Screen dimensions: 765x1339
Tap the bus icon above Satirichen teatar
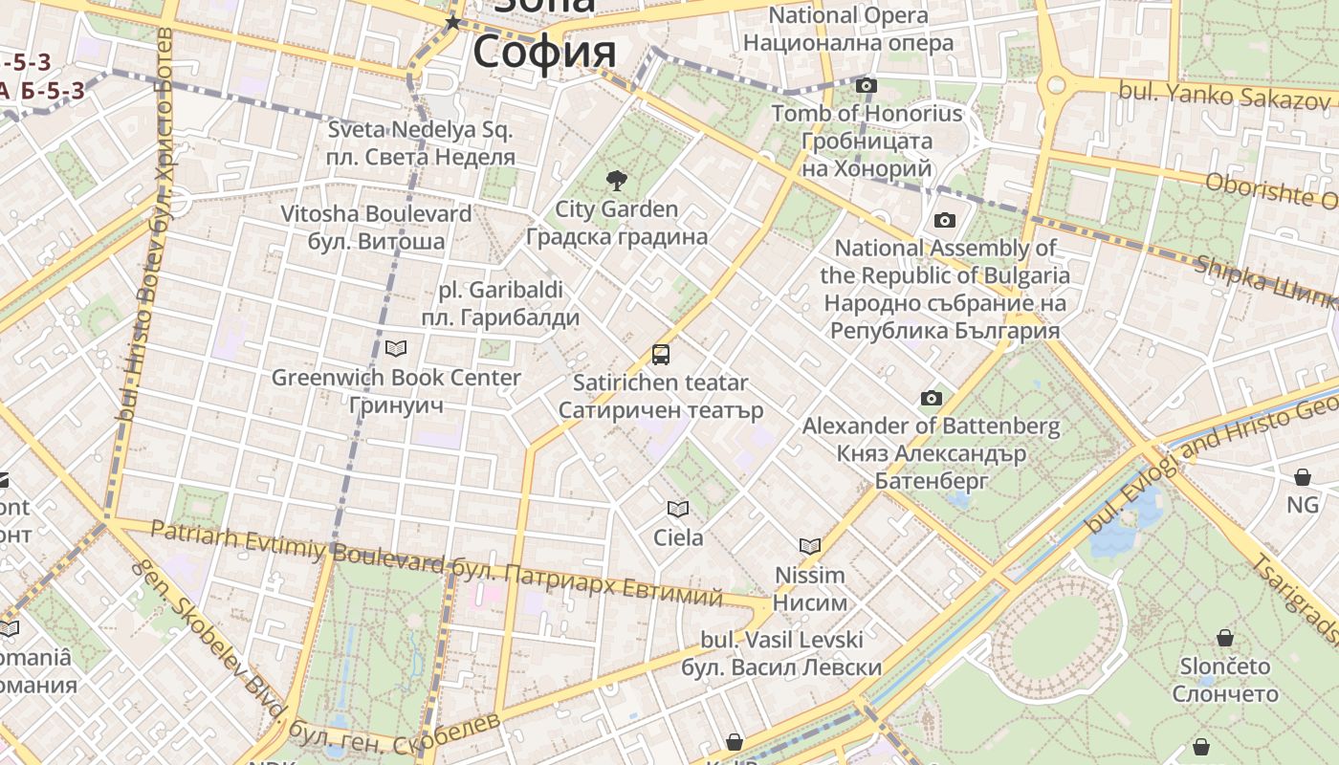(661, 355)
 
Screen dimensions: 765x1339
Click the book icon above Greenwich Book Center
(396, 348)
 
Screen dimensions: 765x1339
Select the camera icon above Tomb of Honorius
(867, 86)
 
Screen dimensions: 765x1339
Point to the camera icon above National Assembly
(945, 221)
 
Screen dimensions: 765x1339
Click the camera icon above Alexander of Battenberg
(931, 398)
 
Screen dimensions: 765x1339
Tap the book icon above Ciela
(678, 509)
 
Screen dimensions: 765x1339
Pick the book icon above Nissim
(810, 546)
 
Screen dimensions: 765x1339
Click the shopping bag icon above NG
(1303, 476)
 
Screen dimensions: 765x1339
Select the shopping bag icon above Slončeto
(1225, 637)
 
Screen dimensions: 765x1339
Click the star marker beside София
(452, 22)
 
